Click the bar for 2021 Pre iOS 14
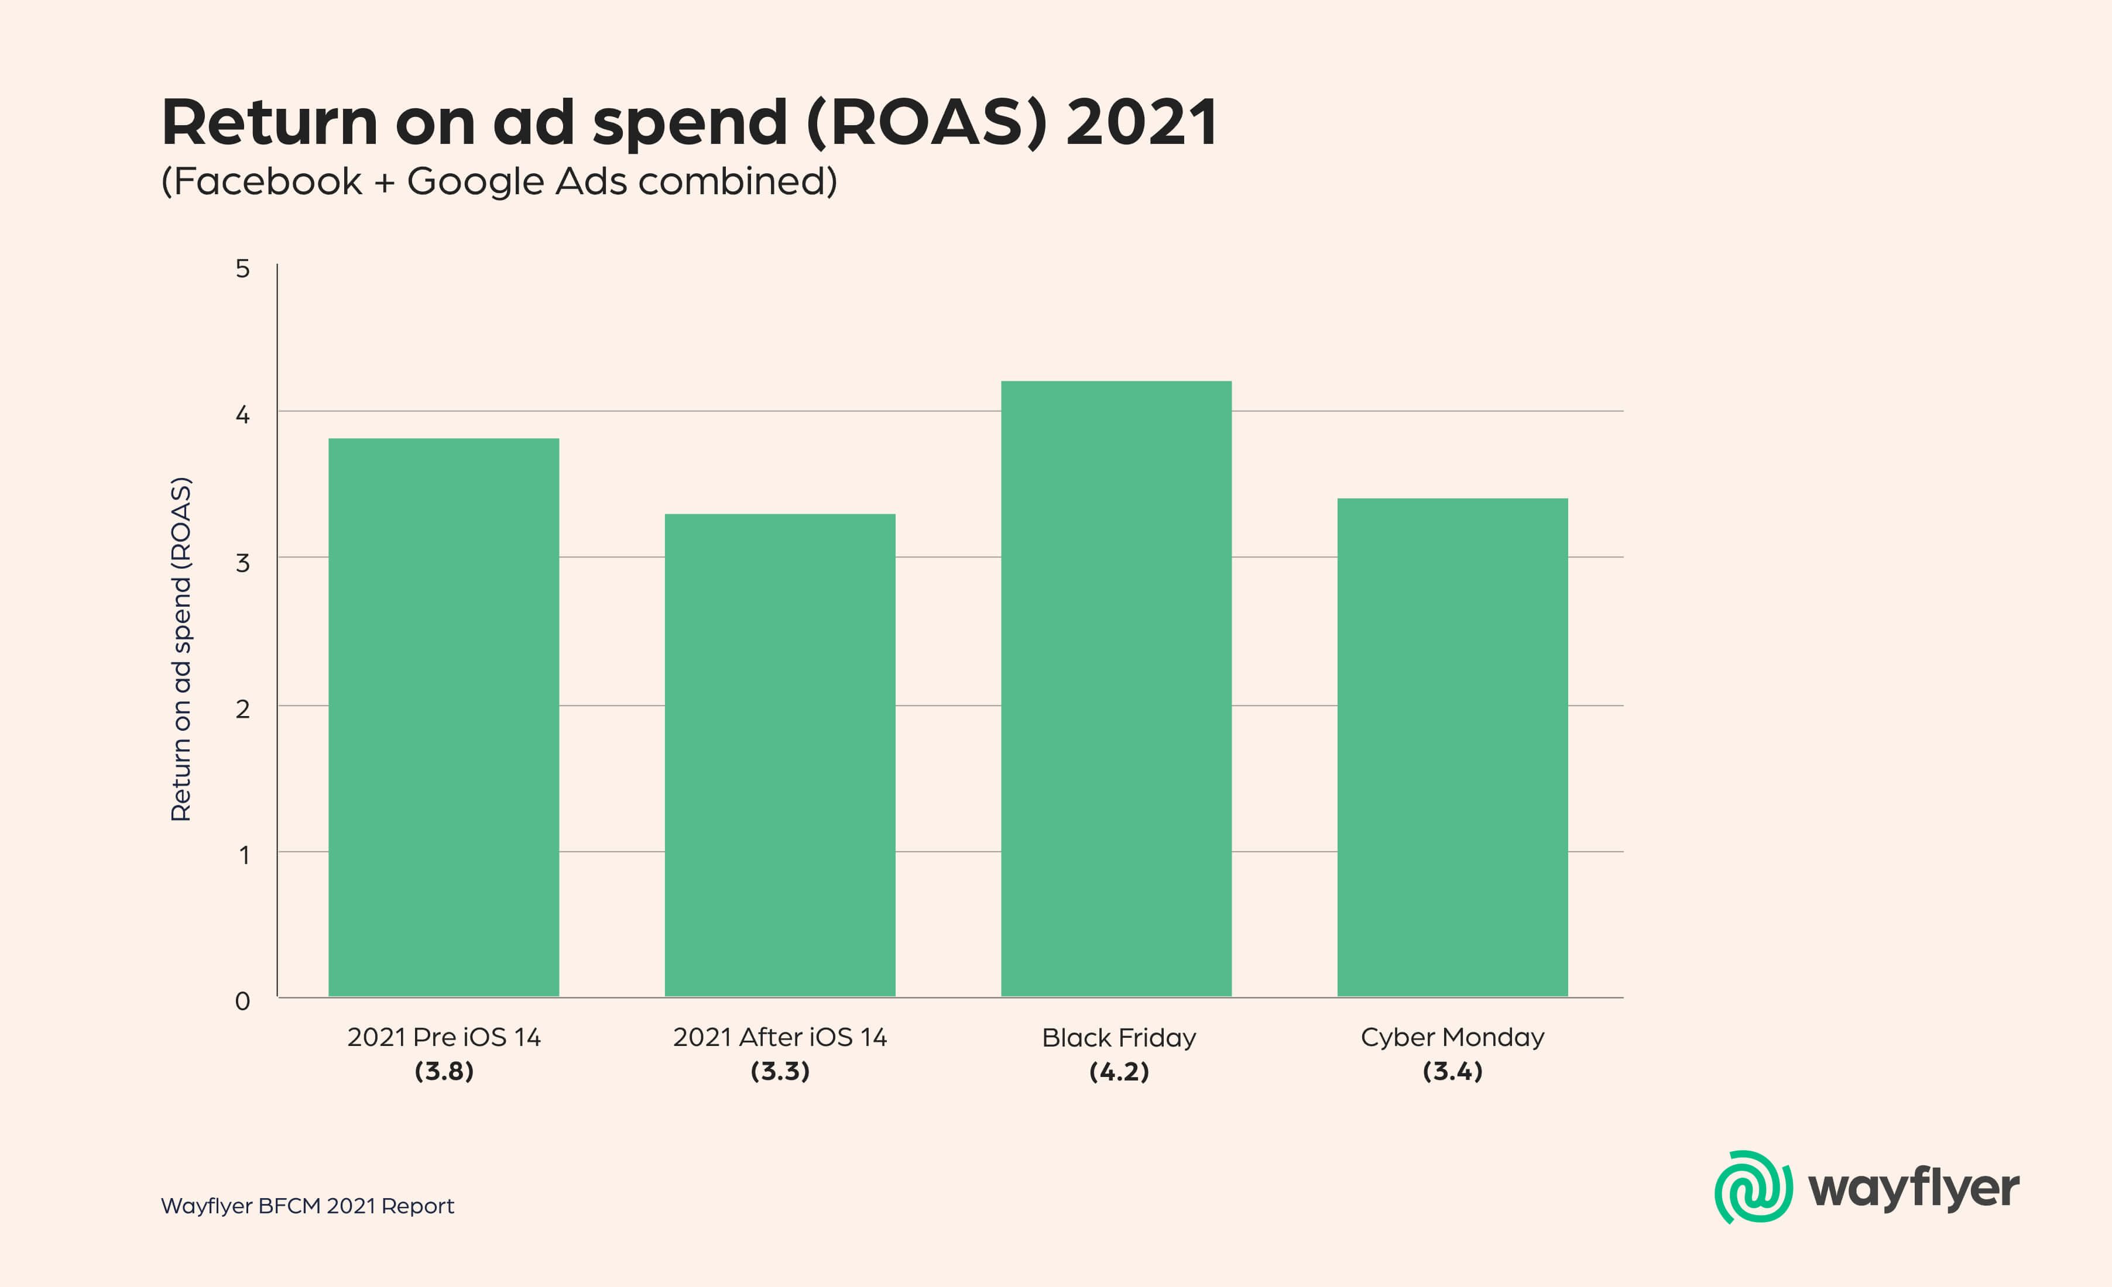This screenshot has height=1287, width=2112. click(x=443, y=717)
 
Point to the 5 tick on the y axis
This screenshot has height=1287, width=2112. click(x=242, y=269)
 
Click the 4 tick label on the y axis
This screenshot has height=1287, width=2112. click(x=242, y=415)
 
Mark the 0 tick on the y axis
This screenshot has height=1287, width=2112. click(x=242, y=1001)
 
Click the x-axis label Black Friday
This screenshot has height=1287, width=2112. click(x=1119, y=1038)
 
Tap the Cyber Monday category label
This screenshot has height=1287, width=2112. click(x=1452, y=1038)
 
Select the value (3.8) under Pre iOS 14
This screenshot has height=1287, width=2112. click(x=443, y=1071)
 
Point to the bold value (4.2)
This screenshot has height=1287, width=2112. click(x=1119, y=1071)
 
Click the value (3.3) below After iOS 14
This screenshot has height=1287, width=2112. click(x=780, y=1071)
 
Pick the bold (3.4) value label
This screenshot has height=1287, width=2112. click(x=1452, y=1071)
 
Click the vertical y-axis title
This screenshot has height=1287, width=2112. click(x=181, y=649)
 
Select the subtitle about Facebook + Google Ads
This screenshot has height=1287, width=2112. click(x=499, y=182)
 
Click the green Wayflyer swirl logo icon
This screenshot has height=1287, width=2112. click(x=1753, y=1187)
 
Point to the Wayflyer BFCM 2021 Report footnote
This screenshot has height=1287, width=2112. click(x=307, y=1206)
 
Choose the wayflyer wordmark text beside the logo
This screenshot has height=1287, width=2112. click(x=1913, y=1189)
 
